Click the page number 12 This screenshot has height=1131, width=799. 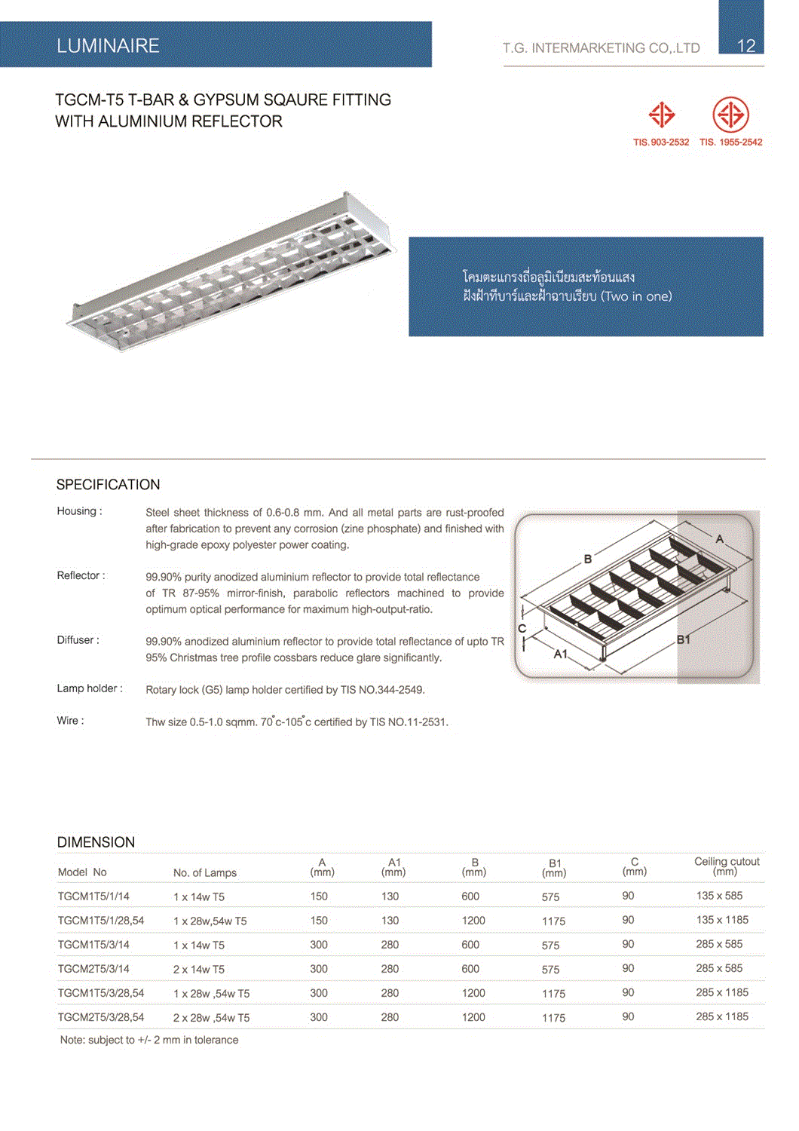click(745, 46)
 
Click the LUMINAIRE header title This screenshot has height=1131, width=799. click(108, 46)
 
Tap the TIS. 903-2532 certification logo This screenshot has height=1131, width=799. click(661, 115)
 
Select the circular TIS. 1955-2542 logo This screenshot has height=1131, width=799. click(730, 115)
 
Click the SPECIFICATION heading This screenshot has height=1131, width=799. click(108, 485)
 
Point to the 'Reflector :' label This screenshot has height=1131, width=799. click(81, 576)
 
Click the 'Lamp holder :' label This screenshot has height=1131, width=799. click(89, 688)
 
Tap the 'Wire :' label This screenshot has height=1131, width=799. click(70, 721)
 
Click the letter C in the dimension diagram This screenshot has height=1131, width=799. click(522, 628)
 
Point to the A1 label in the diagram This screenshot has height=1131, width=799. click(560, 654)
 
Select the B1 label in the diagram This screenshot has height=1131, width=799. click(684, 639)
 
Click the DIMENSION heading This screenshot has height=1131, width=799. click(96, 842)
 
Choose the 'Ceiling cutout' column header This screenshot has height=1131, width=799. click(727, 866)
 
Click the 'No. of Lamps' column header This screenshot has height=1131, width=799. click(204, 873)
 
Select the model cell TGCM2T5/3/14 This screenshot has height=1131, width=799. click(93, 969)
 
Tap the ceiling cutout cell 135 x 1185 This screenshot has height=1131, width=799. click(722, 920)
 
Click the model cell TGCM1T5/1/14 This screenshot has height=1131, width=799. click(93, 897)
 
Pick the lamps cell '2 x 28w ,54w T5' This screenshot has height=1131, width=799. click(211, 1018)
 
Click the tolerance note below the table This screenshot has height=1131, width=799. click(149, 1040)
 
